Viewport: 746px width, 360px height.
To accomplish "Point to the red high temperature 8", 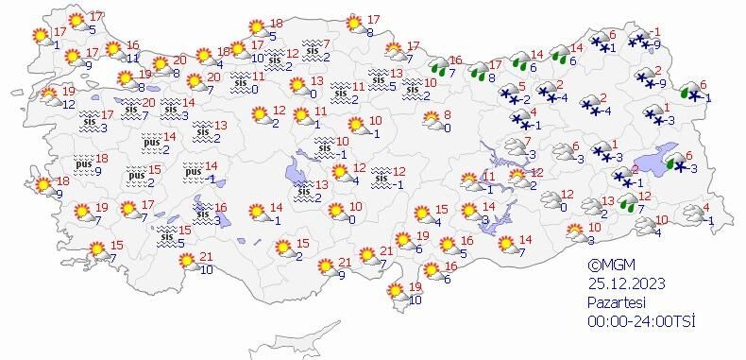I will tap(447, 114).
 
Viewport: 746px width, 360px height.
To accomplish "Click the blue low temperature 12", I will tap(69, 103).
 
